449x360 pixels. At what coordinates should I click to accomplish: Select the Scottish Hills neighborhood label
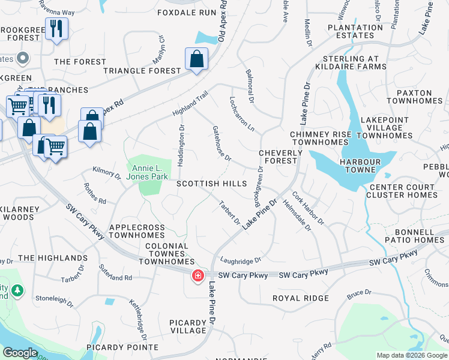click(x=211, y=183)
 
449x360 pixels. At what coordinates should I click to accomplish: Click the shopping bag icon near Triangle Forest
click(x=196, y=59)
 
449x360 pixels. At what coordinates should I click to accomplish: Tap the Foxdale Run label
click(x=186, y=12)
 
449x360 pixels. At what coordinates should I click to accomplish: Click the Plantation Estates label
click(x=355, y=31)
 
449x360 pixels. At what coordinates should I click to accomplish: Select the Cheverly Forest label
click(x=278, y=157)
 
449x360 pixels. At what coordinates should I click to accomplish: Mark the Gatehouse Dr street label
click(x=221, y=143)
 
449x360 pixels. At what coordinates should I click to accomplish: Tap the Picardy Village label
click(x=188, y=326)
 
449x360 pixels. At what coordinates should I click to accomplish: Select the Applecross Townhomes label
click(x=137, y=232)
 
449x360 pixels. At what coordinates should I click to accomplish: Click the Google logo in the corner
click(x=20, y=353)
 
